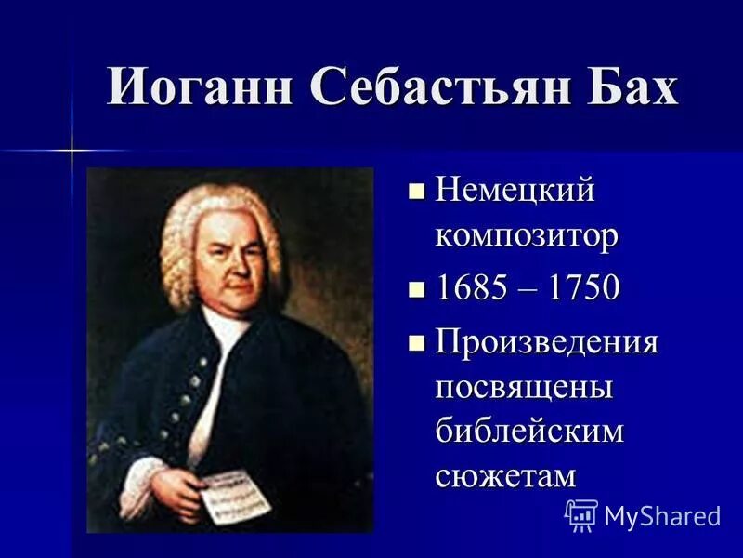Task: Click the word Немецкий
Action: (515, 193)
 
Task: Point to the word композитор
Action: (527, 236)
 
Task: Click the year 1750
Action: (582, 288)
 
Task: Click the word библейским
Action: (530, 431)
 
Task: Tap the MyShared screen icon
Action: (580, 514)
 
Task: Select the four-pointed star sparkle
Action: (72, 149)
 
